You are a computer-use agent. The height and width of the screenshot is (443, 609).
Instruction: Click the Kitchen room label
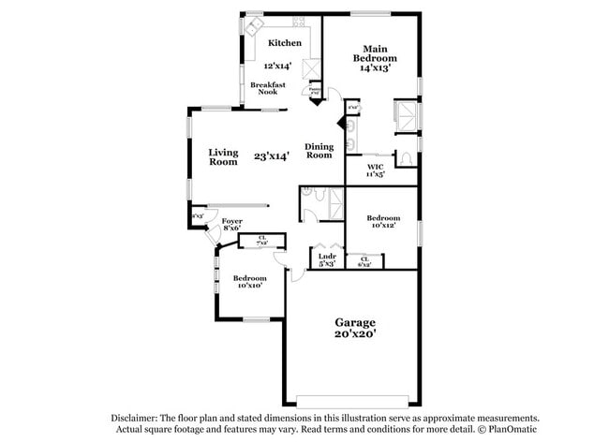(x=285, y=43)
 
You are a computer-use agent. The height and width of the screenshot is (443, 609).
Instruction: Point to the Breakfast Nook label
(x=267, y=89)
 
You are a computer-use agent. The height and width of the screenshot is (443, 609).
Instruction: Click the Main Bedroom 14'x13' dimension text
(x=375, y=67)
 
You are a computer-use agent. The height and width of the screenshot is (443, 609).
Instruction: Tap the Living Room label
(x=223, y=156)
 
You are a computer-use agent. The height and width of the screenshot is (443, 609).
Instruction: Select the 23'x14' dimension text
(x=271, y=156)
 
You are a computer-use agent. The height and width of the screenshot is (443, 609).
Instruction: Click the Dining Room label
(x=319, y=151)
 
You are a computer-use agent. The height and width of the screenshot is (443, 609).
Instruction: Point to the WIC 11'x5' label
(x=375, y=170)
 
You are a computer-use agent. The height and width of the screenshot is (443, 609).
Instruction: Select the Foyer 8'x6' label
(x=231, y=225)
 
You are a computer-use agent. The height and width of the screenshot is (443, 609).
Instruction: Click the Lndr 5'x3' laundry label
(x=326, y=260)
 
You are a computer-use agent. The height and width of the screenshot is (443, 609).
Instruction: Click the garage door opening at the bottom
(x=351, y=397)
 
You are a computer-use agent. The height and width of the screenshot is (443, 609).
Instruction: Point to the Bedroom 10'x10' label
(x=249, y=282)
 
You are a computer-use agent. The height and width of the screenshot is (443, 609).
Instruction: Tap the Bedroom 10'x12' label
(x=382, y=221)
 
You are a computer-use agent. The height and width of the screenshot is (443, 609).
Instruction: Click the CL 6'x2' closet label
(x=364, y=262)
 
